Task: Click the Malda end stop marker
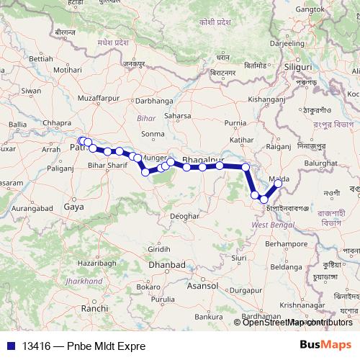(x=278, y=184)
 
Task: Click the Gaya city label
(x=73, y=206)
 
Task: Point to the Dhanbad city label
(x=166, y=265)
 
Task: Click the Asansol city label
(x=204, y=286)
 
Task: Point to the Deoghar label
(x=185, y=215)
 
